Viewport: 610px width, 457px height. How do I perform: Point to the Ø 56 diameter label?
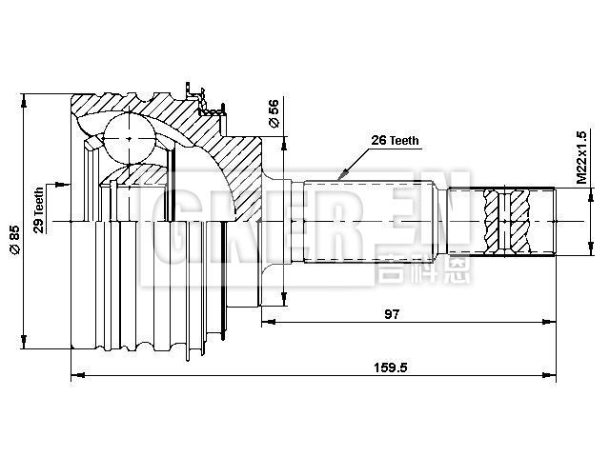coord(274,113)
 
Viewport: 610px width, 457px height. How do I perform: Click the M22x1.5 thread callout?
coord(580,156)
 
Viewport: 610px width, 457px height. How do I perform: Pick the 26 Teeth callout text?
coord(394,140)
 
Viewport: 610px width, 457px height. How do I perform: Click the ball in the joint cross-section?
coord(128,137)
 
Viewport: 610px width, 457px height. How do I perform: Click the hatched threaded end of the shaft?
coord(519,222)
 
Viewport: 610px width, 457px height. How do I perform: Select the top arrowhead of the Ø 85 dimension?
coord(28,98)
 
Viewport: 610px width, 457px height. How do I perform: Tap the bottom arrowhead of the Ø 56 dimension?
coord(282,303)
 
